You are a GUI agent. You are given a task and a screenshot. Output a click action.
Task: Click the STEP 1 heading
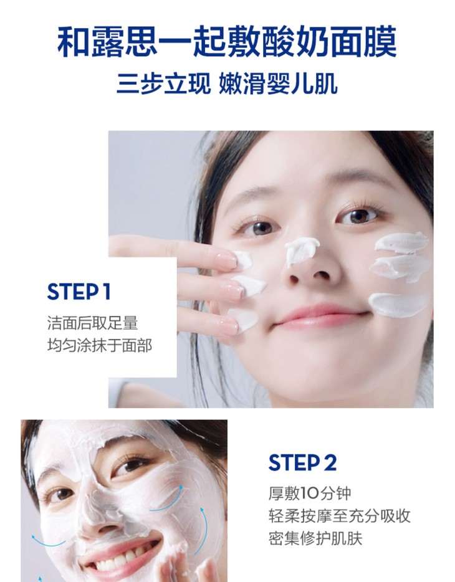(79, 292)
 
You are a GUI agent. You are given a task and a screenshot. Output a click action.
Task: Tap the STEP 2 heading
(302, 463)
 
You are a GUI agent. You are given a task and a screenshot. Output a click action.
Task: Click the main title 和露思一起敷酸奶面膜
(227, 42)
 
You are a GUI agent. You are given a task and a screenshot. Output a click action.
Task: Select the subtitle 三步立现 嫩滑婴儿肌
(227, 84)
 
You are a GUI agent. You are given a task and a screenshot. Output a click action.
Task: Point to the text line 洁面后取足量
(93, 323)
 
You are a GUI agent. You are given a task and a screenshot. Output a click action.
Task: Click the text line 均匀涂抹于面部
(100, 346)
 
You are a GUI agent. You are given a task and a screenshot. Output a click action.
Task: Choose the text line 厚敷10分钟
(310, 494)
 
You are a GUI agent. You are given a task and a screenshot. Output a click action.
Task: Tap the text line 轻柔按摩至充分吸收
(340, 516)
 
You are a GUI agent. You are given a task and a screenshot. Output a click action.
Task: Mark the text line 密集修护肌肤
(315, 538)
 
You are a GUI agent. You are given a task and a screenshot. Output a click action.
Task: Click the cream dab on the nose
(301, 249)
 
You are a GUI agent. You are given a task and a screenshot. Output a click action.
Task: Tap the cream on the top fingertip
(243, 259)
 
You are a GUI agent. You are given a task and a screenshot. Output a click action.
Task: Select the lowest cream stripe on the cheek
(398, 305)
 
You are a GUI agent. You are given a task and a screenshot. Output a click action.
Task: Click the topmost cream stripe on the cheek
(401, 242)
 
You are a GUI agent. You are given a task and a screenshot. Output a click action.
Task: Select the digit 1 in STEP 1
(107, 292)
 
